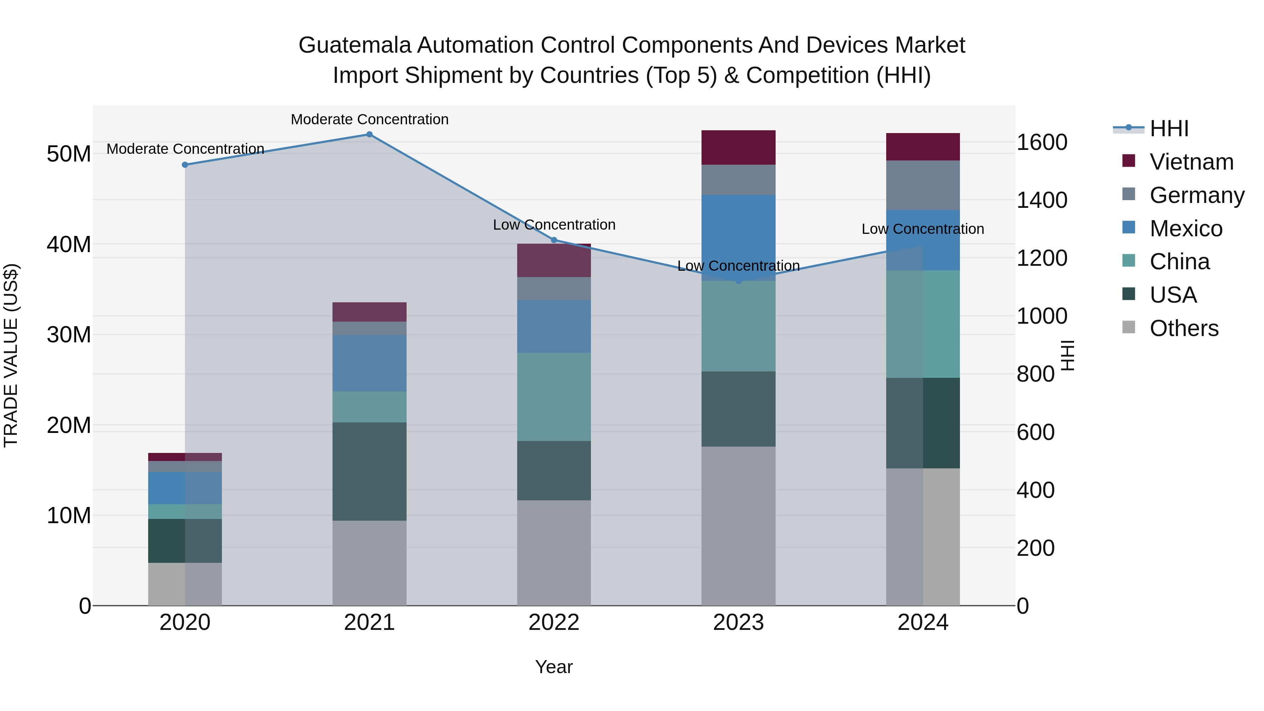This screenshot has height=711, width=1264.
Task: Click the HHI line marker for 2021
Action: click(x=369, y=134)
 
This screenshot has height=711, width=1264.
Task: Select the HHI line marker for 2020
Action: click(x=185, y=165)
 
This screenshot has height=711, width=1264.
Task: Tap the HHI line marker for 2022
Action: click(x=554, y=240)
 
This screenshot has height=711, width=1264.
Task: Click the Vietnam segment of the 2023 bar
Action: click(x=738, y=147)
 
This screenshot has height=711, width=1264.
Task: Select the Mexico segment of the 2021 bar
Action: click(x=369, y=363)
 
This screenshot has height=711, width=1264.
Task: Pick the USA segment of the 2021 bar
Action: click(x=369, y=471)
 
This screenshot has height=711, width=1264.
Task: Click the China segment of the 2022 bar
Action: click(x=554, y=396)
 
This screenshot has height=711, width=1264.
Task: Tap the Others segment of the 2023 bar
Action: click(x=738, y=525)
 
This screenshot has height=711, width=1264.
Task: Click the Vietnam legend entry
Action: click(x=1191, y=162)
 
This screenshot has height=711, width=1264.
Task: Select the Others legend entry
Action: click(x=1184, y=328)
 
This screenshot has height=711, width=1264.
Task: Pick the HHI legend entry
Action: click(x=1169, y=129)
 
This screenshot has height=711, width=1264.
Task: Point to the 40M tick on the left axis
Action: click(x=69, y=244)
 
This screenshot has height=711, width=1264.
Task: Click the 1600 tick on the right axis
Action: click(x=1041, y=142)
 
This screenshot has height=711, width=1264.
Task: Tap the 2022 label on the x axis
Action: click(x=554, y=623)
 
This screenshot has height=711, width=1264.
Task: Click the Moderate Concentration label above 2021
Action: click(x=369, y=119)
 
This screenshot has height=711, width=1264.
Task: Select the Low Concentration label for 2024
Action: click(x=922, y=229)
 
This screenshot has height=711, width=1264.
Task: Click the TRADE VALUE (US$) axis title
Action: click(x=11, y=355)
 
